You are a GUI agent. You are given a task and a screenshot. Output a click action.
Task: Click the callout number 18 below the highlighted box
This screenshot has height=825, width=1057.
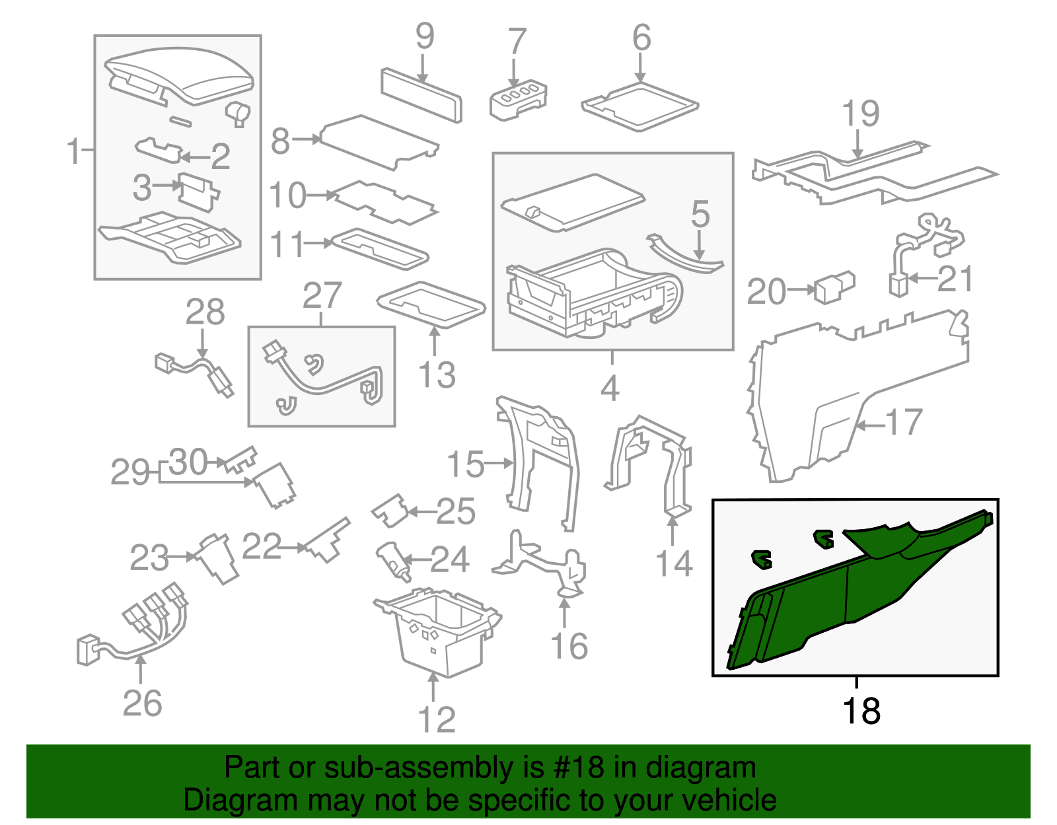(861, 711)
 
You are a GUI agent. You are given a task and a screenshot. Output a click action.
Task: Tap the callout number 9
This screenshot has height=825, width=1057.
(424, 37)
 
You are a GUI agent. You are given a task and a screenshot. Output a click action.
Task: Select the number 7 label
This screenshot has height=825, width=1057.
(517, 41)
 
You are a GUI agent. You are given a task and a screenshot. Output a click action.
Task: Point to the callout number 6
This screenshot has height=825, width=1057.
(641, 38)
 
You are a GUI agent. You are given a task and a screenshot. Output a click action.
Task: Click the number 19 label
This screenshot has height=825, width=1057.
(860, 114)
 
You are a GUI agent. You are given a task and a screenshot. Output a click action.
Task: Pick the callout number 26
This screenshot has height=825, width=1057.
(142, 703)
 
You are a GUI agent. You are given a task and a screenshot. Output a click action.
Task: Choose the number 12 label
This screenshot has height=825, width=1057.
(437, 719)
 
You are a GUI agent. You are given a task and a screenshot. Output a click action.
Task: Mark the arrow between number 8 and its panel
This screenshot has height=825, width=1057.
(307, 139)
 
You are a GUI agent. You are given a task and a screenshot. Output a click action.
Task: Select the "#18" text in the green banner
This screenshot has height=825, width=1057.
(574, 768)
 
